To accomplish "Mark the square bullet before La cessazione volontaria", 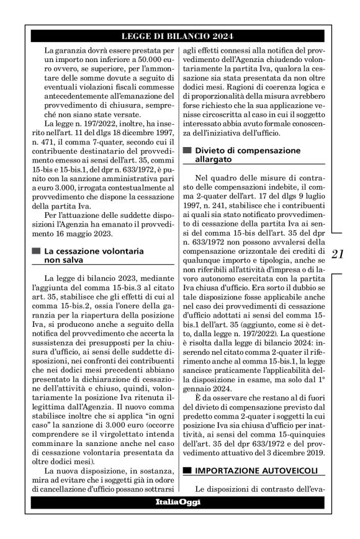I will click(x=35, y=251).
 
